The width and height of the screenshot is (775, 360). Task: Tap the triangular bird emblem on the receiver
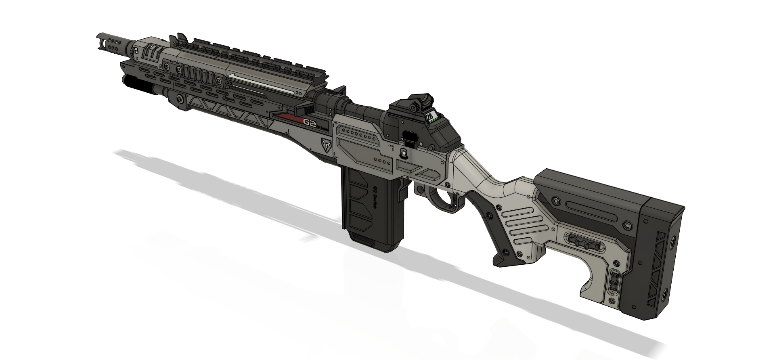[x=326, y=144]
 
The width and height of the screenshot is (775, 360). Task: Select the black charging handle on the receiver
[x=410, y=139]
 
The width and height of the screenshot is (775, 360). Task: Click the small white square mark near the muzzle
[x=136, y=50]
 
